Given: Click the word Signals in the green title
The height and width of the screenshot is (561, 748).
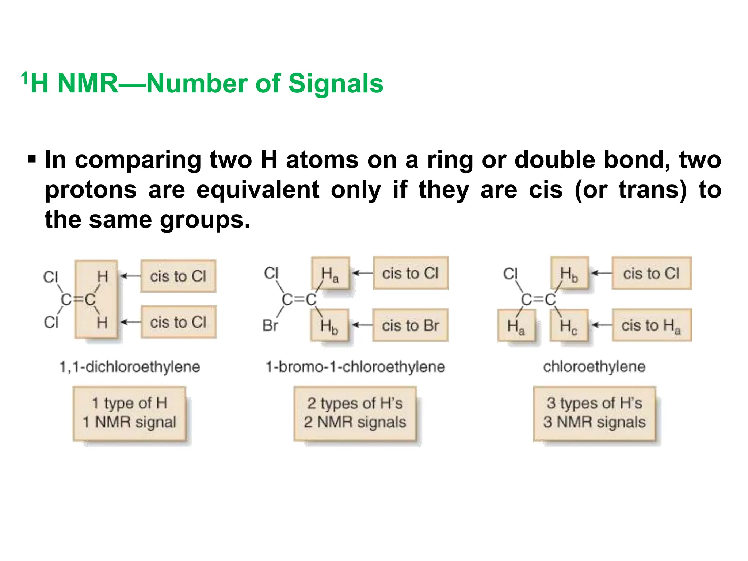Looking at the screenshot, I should (336, 84).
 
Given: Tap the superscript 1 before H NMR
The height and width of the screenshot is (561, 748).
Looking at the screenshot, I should (24, 78).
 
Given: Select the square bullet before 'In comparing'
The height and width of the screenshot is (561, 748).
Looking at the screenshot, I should (32, 160).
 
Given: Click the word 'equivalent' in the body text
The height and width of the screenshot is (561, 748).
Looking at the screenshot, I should (258, 190).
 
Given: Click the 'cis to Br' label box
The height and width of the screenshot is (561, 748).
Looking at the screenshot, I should (410, 325).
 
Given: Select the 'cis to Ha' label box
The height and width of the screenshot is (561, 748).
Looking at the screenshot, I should (651, 325).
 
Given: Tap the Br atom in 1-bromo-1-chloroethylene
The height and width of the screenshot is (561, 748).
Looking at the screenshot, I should (270, 325).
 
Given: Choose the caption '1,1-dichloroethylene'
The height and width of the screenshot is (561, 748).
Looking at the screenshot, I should (130, 367).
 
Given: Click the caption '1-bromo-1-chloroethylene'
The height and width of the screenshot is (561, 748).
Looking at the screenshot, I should (355, 367).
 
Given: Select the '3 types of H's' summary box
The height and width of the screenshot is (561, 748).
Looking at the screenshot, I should (594, 413).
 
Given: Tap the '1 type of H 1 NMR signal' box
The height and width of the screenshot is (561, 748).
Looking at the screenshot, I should (129, 413).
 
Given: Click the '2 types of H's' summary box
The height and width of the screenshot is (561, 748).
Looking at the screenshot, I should (355, 413).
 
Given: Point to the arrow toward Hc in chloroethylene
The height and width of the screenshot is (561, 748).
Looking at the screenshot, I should (601, 325).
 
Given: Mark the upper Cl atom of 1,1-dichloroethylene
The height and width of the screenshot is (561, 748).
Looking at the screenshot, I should (50, 277).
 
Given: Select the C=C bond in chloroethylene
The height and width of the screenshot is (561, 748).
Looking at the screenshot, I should (538, 299).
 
